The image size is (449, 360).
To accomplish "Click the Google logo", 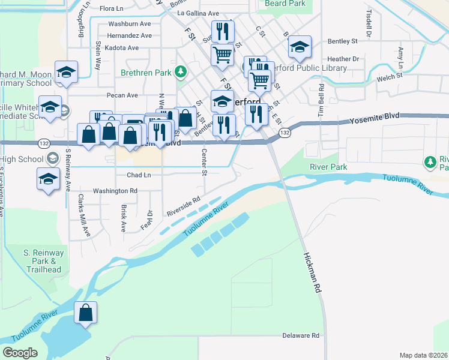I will tap(20, 353).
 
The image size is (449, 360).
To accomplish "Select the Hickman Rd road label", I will tap(309, 270).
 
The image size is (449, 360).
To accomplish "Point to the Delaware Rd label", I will tap(301, 335).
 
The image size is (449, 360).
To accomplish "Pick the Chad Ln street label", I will tap(139, 175).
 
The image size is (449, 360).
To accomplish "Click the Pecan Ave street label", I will tap(121, 95).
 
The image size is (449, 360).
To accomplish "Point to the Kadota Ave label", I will tap(121, 48).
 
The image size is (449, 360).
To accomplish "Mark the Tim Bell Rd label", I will tap(322, 98).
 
